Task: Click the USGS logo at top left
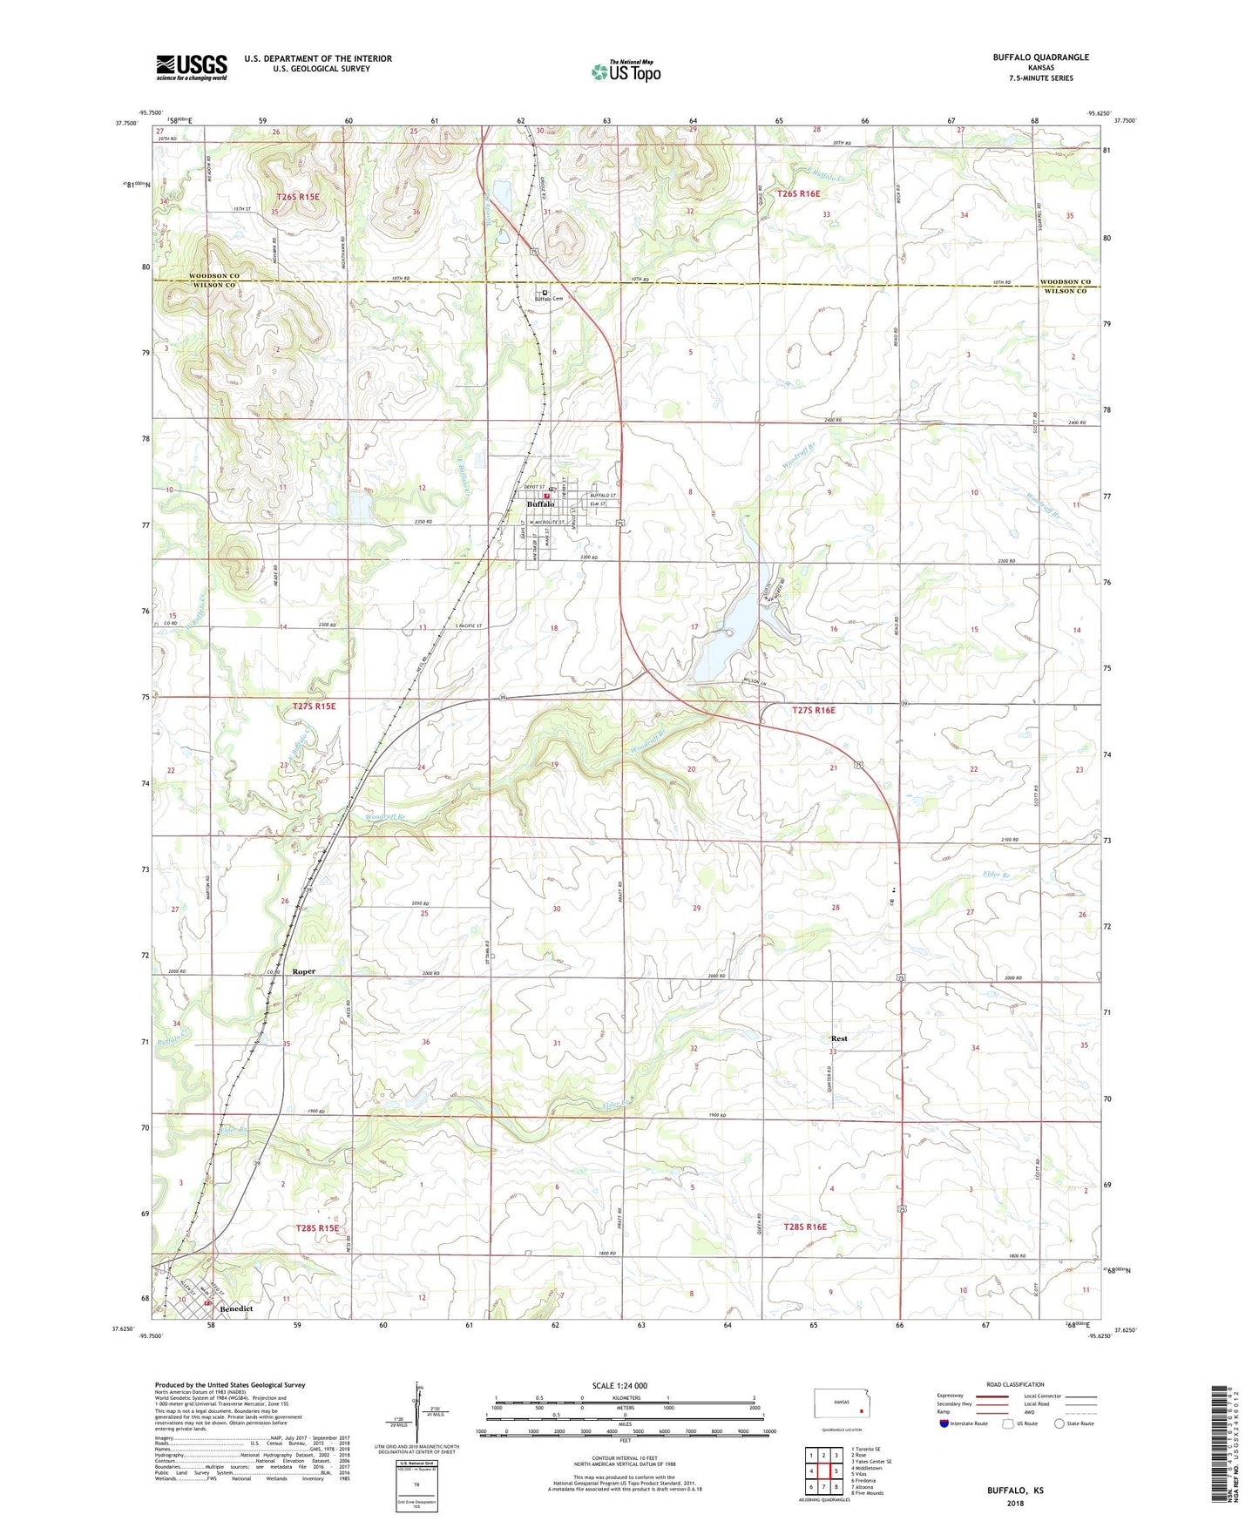[192, 67]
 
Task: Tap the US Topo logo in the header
[626, 71]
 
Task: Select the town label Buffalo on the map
[540, 504]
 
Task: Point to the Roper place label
[304, 971]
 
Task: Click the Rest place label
[839, 1038]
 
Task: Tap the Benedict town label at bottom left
[236, 1308]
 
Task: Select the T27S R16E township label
[813, 711]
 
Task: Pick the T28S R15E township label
[316, 1228]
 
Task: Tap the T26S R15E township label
[298, 198]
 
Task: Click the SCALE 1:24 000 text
[619, 1386]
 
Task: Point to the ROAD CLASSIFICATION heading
[1015, 1384]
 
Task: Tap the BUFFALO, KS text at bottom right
[1015, 1491]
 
